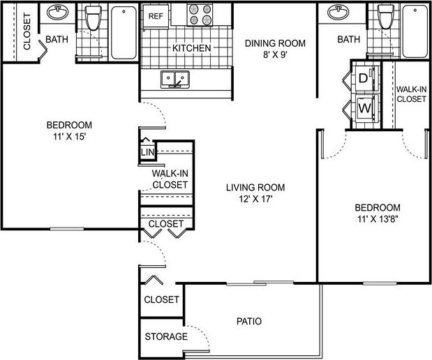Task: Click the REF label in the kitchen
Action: [156, 14]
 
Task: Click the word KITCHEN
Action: [191, 48]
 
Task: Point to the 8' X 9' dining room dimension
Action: [274, 56]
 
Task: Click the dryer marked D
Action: [364, 79]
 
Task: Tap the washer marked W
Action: [364, 109]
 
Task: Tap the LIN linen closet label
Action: [147, 152]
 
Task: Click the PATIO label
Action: [248, 322]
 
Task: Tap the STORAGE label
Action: [166, 337]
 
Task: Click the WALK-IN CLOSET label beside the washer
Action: [411, 94]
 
